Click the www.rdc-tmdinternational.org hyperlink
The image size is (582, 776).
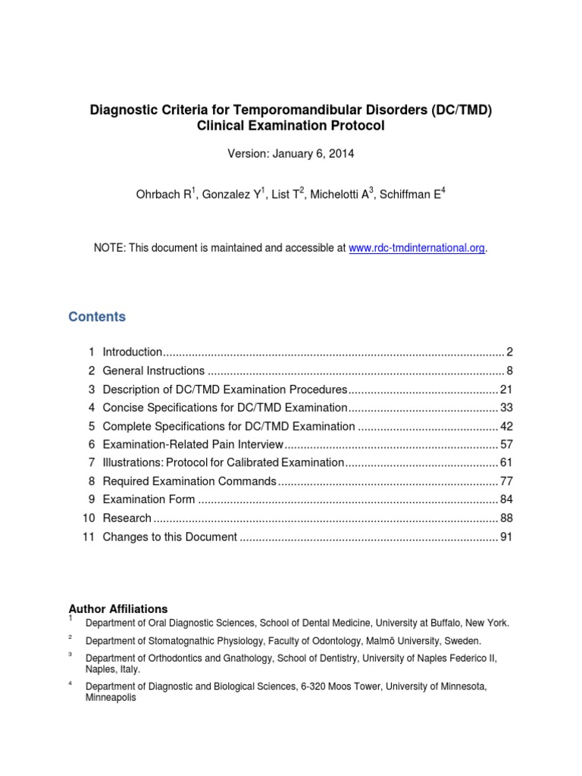416,248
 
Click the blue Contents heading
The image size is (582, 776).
97,317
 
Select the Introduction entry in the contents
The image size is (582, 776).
132,352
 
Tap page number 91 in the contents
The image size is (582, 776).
507,537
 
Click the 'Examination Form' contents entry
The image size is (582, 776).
149,499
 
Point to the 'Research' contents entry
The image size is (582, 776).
127,518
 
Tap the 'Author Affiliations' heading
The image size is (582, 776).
118,609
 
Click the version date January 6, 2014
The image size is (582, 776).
313,154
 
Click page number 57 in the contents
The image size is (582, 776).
507,444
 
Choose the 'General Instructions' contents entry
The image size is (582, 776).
153,371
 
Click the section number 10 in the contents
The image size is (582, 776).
89,518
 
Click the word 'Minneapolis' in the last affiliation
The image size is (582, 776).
111,698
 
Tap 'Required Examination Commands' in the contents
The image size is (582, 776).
189,481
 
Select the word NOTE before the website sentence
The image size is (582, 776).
109,248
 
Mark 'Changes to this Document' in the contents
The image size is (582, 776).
170,537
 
